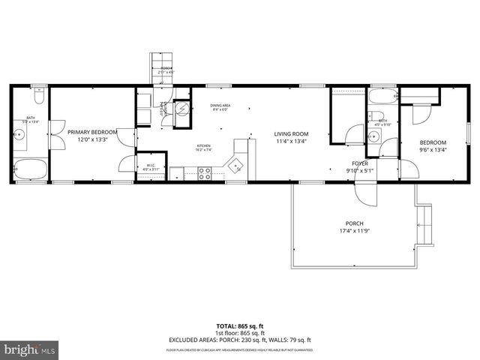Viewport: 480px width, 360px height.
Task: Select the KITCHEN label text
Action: tap(203, 145)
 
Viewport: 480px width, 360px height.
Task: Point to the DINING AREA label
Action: tap(220, 106)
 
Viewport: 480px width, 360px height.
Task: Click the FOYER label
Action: tap(359, 163)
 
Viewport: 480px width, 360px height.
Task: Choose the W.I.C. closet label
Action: tap(151, 166)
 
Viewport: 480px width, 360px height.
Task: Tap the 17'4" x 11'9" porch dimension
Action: tap(355, 232)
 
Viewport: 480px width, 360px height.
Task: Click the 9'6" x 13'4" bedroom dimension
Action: tap(432, 149)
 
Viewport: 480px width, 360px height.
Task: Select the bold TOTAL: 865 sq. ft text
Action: tap(239, 326)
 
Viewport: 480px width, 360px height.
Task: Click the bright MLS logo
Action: tap(28, 349)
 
